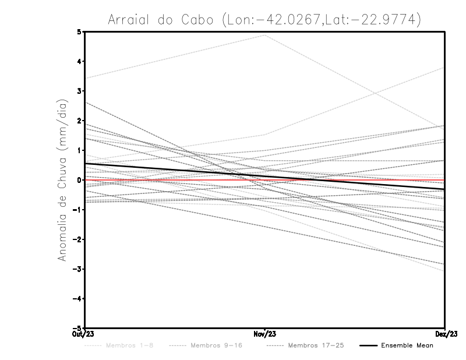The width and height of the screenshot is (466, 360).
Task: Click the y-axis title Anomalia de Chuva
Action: tap(62, 180)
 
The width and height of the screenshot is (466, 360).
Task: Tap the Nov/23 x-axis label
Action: tap(265, 334)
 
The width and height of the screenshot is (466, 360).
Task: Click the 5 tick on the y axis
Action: tap(79, 31)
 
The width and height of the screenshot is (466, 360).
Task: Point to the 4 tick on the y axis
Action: tap(79, 61)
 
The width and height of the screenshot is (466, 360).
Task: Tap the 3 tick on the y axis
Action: tap(79, 91)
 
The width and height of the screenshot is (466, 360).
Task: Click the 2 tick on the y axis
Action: tap(79, 121)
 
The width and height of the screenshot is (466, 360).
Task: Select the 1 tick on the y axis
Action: tap(79, 150)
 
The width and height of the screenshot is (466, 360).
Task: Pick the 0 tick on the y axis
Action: tap(79, 180)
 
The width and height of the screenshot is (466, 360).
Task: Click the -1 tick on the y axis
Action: tap(77, 210)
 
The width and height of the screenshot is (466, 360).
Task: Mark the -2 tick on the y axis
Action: tap(77, 239)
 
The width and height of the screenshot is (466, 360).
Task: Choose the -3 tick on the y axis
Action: tap(77, 269)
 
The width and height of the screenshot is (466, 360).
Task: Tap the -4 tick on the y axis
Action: tap(77, 299)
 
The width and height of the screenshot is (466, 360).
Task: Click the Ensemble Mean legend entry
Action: tap(407, 346)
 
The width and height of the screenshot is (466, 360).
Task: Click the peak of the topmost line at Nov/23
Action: tap(265, 35)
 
